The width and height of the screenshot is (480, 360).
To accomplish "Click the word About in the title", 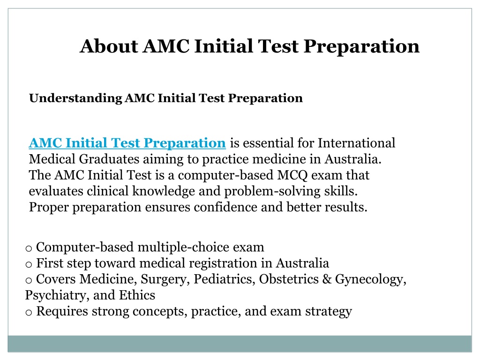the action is point(109,46).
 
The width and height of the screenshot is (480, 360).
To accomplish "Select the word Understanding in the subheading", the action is point(75,98).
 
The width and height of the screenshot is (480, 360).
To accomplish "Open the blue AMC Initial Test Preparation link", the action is point(127,143).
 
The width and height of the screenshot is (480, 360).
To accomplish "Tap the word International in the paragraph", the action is point(356,143).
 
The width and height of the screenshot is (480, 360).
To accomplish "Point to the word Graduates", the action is point(109,159).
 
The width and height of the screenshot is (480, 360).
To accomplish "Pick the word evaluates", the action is point(56,191).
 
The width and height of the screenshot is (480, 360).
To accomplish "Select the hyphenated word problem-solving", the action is point(272,192).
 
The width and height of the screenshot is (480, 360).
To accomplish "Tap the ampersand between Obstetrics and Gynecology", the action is point(327,279).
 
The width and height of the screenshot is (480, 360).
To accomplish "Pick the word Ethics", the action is point(137,295).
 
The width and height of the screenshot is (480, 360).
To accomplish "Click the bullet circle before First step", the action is point(29,264).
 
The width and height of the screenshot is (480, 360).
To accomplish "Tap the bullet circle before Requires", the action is point(29,313).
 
